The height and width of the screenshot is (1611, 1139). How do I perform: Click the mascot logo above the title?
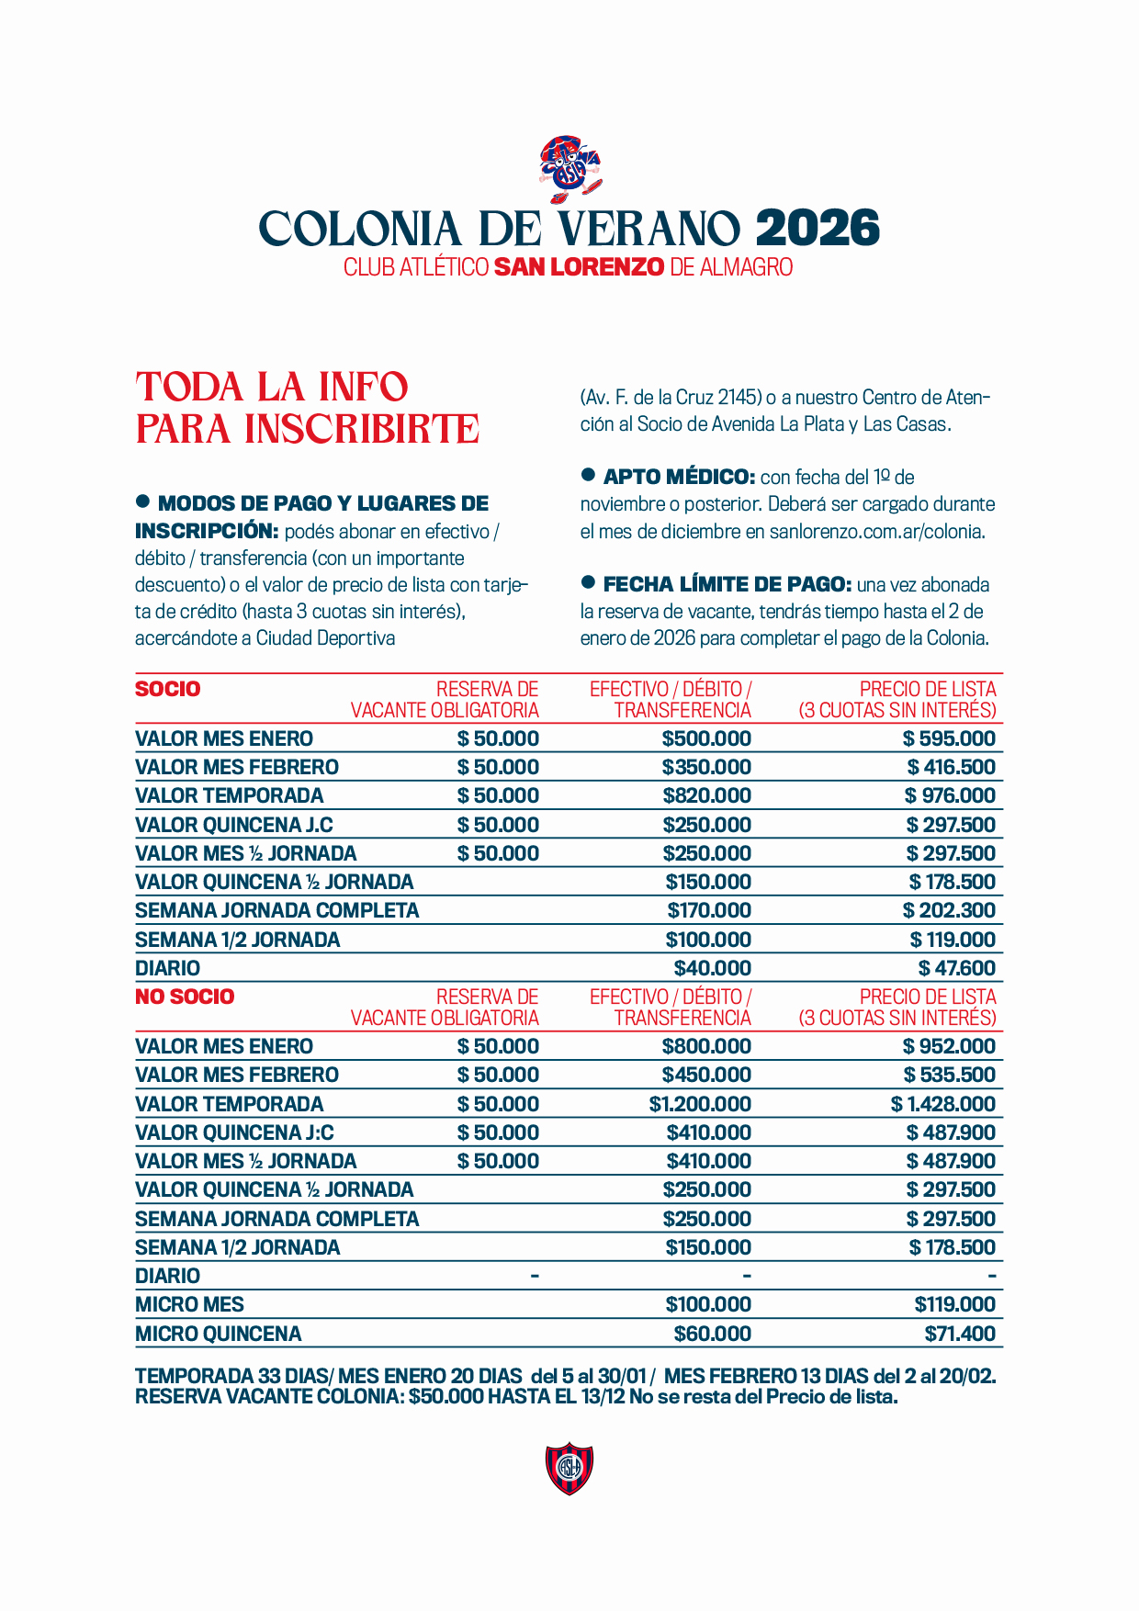tap(569, 169)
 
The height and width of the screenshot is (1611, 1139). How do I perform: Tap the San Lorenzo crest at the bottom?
tap(569, 1468)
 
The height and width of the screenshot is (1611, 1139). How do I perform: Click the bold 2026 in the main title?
tap(818, 229)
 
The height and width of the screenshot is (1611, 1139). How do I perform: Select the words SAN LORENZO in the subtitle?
tap(579, 267)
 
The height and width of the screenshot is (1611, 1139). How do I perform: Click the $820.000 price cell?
tap(706, 795)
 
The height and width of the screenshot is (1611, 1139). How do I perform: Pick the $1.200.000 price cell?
tap(700, 1104)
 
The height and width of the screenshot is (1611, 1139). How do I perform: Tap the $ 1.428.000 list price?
tap(943, 1104)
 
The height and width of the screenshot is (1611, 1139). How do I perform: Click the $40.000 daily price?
tap(712, 968)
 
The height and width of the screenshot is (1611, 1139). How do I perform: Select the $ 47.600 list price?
tap(957, 968)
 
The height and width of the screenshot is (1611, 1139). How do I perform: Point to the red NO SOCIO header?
tap(185, 997)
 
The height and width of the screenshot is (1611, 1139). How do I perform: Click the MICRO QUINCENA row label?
tap(218, 1334)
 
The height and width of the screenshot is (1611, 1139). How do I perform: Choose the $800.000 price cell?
tap(706, 1046)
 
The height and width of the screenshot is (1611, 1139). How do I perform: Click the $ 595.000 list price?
tap(949, 738)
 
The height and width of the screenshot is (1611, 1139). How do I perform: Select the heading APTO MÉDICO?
tap(679, 477)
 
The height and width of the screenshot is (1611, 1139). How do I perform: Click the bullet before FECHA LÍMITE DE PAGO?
tap(589, 582)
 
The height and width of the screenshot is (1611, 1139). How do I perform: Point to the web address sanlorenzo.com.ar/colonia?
tap(876, 531)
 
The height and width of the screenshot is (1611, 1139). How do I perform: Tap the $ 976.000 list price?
tap(950, 795)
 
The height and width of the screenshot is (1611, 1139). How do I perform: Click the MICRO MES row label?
tap(189, 1304)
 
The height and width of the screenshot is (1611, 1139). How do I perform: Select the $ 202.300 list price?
tap(949, 910)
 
